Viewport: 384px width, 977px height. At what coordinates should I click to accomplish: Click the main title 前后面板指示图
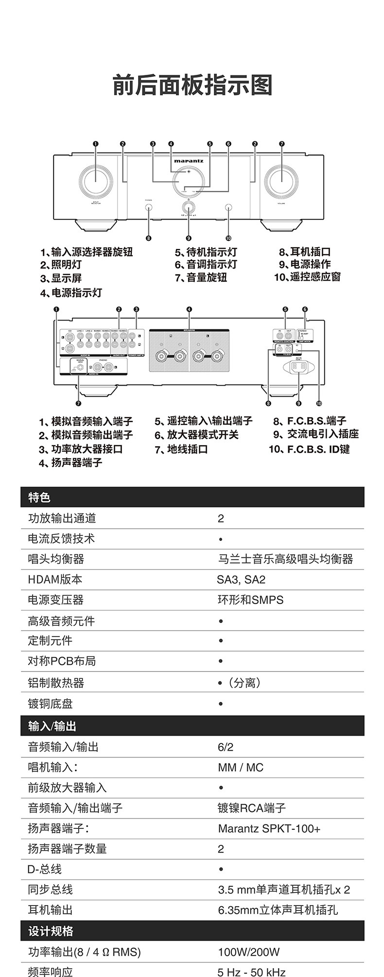tap(192, 85)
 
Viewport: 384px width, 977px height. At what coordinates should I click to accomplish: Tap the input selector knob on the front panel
tap(96, 181)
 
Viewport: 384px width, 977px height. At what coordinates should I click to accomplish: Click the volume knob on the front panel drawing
tap(281, 181)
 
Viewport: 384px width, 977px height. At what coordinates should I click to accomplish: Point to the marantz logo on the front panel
tap(189, 160)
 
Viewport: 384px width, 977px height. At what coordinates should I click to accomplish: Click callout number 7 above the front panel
tap(281, 144)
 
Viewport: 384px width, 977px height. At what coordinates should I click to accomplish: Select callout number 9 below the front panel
tap(189, 238)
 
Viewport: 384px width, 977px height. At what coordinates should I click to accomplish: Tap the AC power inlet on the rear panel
tap(298, 367)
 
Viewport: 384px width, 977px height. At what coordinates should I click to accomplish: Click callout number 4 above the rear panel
tap(189, 309)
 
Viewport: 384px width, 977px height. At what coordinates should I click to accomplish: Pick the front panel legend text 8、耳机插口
tap(305, 252)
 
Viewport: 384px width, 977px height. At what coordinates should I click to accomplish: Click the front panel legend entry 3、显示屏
tap(61, 278)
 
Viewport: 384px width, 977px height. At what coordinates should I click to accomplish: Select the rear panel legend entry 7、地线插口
tap(181, 449)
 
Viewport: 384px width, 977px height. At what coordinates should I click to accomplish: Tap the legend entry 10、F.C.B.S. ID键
tap(309, 449)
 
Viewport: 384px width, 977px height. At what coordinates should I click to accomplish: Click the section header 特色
tap(39, 497)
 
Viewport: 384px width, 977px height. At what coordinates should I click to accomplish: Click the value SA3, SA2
tap(241, 579)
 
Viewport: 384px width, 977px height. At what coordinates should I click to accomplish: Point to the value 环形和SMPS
tap(250, 600)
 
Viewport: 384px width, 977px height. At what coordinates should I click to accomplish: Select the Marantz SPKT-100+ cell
tap(269, 828)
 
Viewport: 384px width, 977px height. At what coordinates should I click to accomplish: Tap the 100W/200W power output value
tap(248, 952)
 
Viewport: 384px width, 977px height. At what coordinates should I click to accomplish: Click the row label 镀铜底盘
tap(50, 703)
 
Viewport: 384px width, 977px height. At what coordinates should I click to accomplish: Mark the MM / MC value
tap(241, 767)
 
